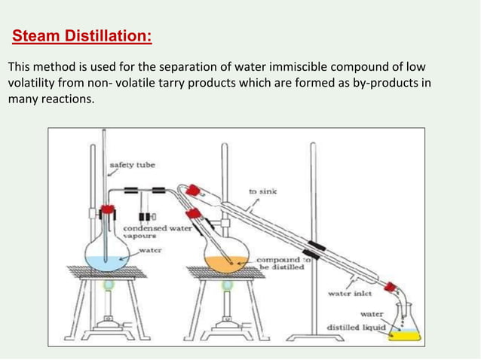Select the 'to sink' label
(x=262, y=191)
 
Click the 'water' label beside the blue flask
(x=150, y=250)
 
